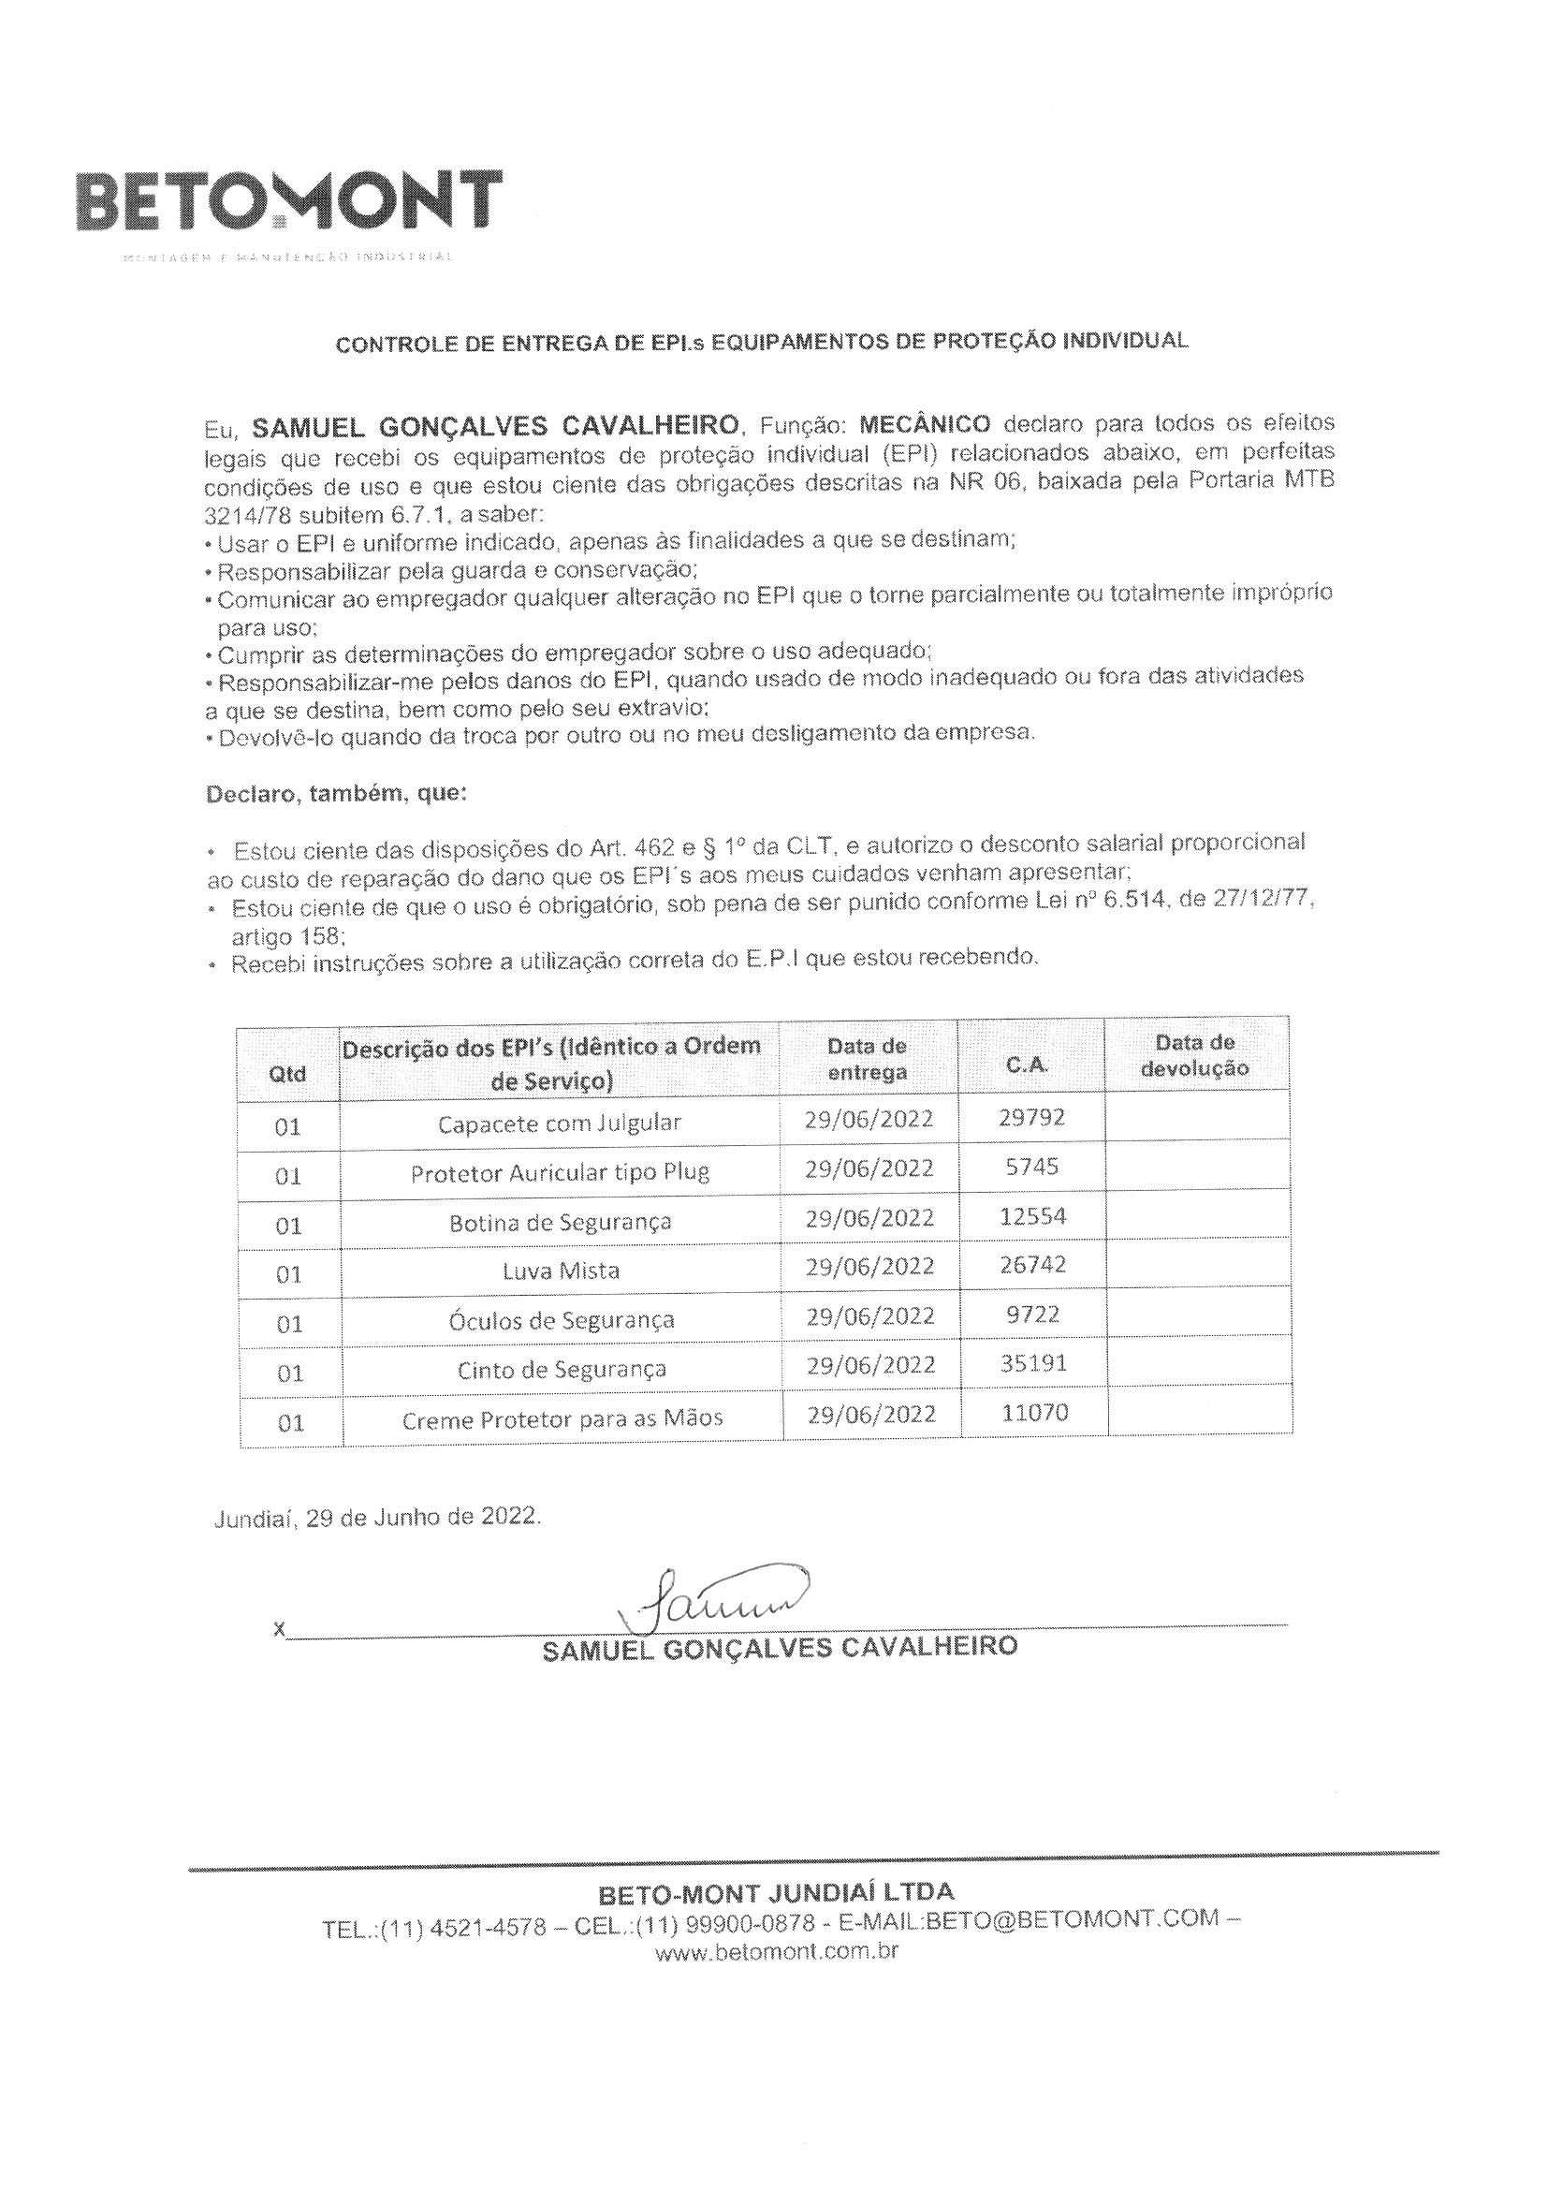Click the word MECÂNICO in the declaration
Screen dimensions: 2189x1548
point(925,423)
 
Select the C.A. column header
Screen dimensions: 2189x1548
point(1028,1065)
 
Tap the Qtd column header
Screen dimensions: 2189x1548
point(288,1074)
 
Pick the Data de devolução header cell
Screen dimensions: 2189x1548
point(1194,1055)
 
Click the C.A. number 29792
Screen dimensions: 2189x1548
point(1031,1116)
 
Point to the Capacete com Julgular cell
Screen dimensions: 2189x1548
point(560,1124)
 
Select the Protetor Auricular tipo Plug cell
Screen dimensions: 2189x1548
point(560,1172)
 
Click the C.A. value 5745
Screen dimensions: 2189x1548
point(1032,1166)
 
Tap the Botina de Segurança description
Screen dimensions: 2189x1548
point(560,1222)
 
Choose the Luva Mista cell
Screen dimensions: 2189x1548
point(561,1271)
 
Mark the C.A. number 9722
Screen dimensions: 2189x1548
point(1032,1314)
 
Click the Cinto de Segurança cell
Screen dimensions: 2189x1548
point(562,1370)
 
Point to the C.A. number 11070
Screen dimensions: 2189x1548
point(1034,1412)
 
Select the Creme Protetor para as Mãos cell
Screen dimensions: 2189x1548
point(562,1419)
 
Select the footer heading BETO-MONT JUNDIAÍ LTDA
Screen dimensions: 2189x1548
point(776,1892)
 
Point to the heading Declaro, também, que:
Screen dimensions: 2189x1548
point(337,793)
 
